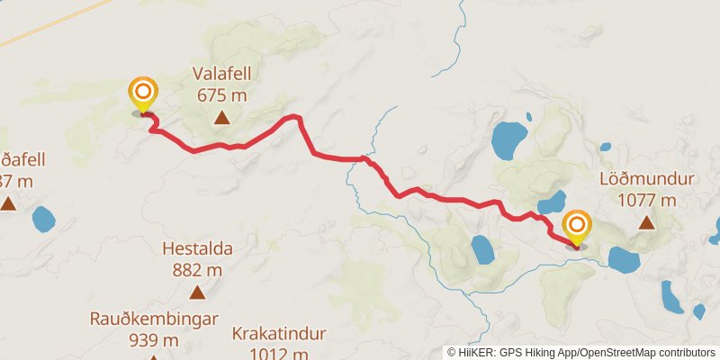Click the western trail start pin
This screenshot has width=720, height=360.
[x=142, y=94]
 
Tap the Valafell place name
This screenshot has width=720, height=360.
[x=221, y=75]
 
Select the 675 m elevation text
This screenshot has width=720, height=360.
[x=221, y=94]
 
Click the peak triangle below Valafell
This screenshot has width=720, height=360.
[x=221, y=117]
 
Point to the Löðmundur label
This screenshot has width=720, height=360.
[x=646, y=179]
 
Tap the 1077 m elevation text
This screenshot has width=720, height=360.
[x=646, y=199]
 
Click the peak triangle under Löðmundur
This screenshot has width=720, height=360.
[x=646, y=221]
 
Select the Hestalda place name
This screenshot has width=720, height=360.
[x=197, y=248]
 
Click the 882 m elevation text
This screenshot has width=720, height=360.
[x=197, y=268]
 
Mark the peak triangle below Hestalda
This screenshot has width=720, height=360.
[x=197, y=292]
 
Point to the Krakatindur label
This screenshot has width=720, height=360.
[x=278, y=334]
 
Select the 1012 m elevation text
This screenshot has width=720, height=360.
[x=278, y=352]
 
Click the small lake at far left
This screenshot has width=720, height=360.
[x=42, y=218]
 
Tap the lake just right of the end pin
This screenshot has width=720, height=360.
[x=624, y=260]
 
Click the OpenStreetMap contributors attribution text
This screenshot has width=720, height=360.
[x=645, y=353]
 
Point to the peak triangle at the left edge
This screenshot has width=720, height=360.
[x=8, y=203]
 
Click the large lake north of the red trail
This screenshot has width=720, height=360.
[x=509, y=139]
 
